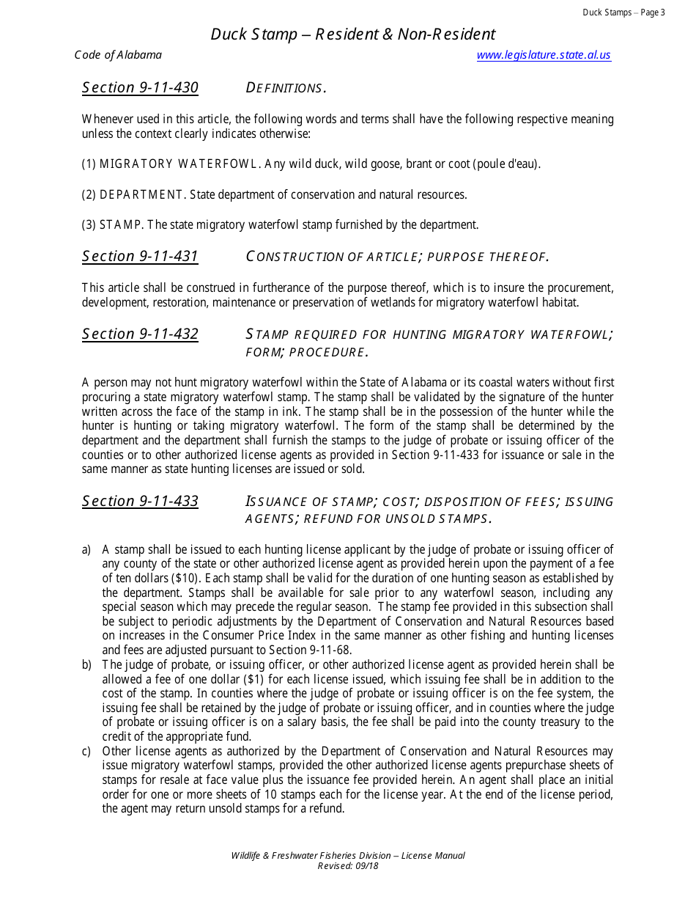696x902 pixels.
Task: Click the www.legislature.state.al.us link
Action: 543,55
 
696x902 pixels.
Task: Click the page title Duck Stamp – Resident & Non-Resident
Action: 353,34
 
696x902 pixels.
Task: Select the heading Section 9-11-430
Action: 140,88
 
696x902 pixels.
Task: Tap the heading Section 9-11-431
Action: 140,256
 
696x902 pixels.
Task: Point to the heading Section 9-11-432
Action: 140,334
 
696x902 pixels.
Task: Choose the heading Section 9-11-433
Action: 140,502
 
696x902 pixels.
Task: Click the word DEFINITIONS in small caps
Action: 285,89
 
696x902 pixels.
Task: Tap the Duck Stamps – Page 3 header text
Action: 623,12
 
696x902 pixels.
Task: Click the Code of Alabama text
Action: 118,55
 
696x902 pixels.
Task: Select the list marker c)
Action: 86,751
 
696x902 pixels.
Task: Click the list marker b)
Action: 86,664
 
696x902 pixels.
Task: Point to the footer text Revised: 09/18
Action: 348,865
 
